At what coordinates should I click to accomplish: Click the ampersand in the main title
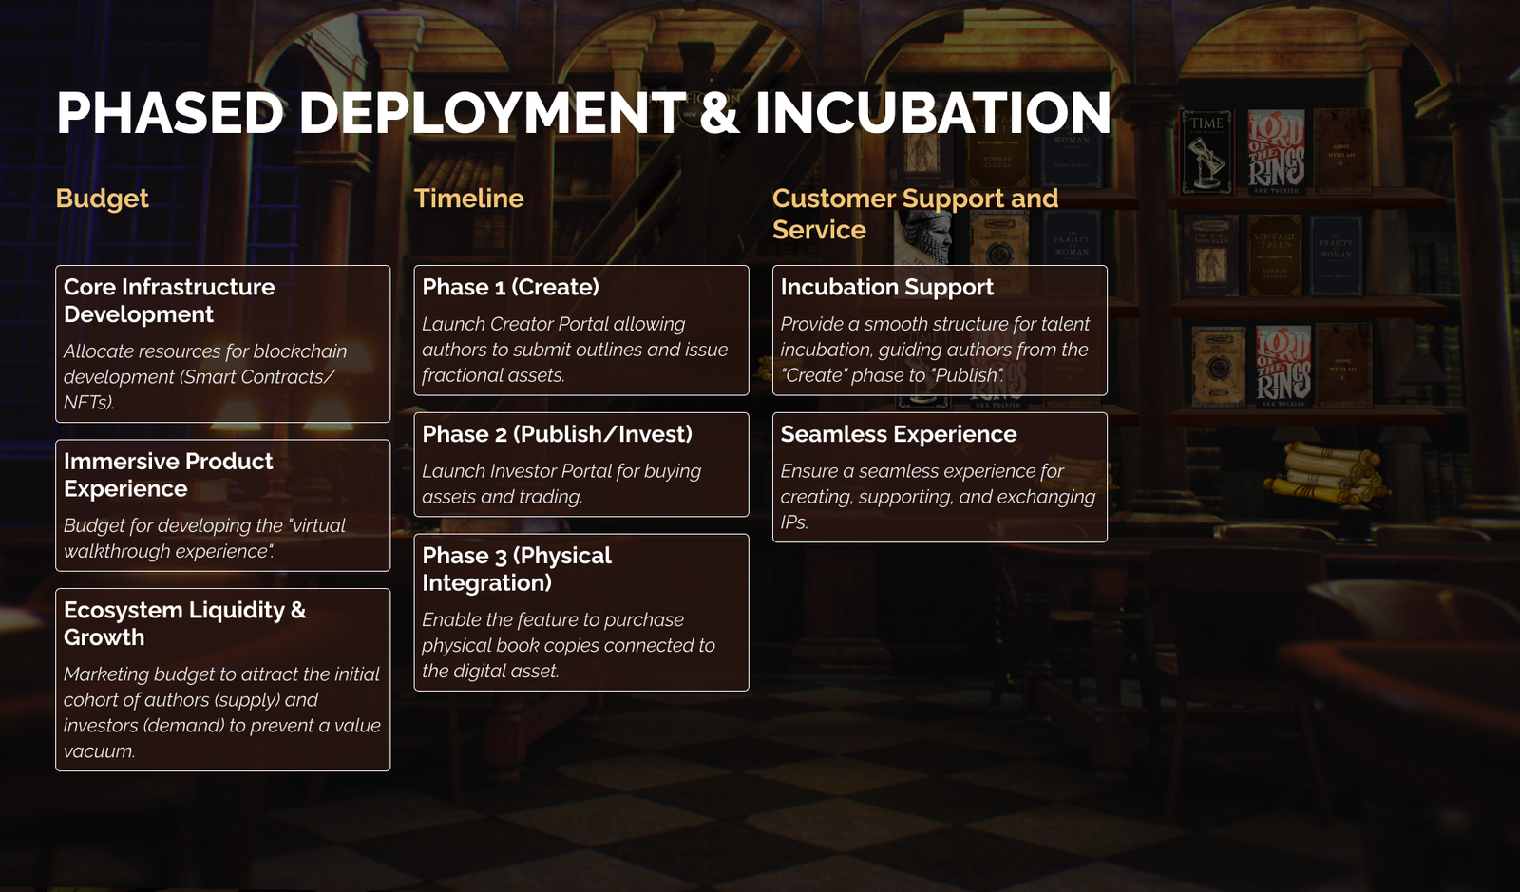(719, 113)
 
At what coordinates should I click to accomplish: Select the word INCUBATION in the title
(933, 113)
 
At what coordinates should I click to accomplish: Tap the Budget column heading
(102, 199)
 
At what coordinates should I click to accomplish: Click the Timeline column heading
(469, 199)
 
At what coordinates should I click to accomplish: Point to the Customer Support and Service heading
(916, 214)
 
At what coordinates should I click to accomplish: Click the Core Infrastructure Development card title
(169, 300)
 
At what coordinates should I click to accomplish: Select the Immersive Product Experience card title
(168, 475)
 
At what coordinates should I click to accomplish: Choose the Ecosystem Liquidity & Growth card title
(184, 623)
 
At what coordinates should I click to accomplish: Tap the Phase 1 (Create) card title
(510, 287)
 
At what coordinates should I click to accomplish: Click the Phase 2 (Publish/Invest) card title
(557, 434)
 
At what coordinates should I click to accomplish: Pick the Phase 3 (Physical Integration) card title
(517, 569)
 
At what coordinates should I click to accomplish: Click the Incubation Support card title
(887, 288)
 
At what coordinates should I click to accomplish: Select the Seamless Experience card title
(899, 434)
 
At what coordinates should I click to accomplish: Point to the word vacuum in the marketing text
(99, 751)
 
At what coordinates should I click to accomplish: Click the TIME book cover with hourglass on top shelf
(1206, 153)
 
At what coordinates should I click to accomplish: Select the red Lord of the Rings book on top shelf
(1277, 152)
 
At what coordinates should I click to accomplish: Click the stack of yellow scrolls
(1326, 473)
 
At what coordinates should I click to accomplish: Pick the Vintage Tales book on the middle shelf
(1274, 255)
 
